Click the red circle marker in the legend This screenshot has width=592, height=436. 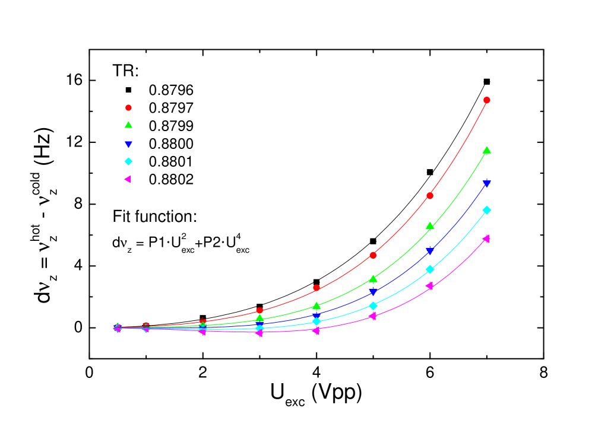click(128, 108)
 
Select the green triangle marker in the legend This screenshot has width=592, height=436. click(128, 125)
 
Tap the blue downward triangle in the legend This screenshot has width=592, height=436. click(128, 144)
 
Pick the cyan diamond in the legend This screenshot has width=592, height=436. click(128, 161)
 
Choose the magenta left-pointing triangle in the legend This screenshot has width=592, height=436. click(128, 179)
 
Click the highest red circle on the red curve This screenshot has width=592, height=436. click(486, 100)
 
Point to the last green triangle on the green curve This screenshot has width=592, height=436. click(486, 150)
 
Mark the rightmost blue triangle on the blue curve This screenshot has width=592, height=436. click(486, 184)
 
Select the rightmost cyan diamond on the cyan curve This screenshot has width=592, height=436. click(486, 210)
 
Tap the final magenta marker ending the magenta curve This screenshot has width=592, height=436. click(486, 238)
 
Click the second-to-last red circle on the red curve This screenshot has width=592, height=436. click(429, 196)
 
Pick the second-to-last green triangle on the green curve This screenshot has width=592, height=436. click(429, 226)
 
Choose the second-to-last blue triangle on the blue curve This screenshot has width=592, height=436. click(429, 251)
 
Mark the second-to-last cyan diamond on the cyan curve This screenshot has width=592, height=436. click(429, 269)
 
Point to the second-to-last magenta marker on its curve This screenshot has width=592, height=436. click(429, 286)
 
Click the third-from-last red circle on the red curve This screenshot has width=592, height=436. click(373, 255)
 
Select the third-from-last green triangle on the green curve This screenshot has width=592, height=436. click(373, 279)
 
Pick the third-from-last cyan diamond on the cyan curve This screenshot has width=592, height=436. click(373, 306)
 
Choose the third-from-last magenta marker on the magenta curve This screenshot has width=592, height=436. click(372, 316)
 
